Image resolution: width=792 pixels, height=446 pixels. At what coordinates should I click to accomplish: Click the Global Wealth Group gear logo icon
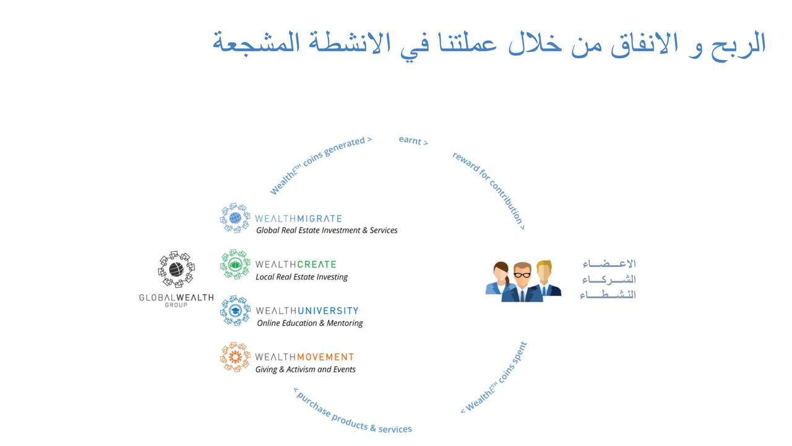(x=176, y=269)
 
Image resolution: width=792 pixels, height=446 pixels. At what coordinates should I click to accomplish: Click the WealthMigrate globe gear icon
(x=235, y=218)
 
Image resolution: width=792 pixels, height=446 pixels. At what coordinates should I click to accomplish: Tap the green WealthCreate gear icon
(x=235, y=265)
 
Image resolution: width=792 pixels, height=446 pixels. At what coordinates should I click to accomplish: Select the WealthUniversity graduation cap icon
(x=235, y=311)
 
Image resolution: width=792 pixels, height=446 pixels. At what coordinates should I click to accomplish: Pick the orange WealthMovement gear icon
(x=235, y=357)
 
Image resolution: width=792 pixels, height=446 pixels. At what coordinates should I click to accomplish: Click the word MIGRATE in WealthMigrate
(x=320, y=219)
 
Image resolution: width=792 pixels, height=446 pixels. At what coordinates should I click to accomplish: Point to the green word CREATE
(x=316, y=265)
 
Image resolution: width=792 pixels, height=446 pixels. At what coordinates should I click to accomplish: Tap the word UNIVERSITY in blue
(x=328, y=311)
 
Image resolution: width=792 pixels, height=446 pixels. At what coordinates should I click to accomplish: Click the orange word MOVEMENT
(x=325, y=357)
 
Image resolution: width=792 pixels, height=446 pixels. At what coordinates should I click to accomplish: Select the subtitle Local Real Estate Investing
(x=301, y=277)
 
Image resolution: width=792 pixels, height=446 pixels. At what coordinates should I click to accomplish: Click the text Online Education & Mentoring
(x=310, y=323)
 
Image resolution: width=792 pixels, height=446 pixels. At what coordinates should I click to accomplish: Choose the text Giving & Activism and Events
(x=306, y=370)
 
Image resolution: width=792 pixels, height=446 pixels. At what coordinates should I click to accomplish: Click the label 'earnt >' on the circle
(x=413, y=141)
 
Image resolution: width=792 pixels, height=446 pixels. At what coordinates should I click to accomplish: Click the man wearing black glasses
(x=522, y=282)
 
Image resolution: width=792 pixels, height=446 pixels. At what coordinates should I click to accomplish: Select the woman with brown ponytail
(x=499, y=278)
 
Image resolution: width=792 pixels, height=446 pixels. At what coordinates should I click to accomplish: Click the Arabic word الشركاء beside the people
(x=609, y=279)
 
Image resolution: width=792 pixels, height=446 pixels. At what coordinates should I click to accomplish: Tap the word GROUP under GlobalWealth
(x=176, y=305)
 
